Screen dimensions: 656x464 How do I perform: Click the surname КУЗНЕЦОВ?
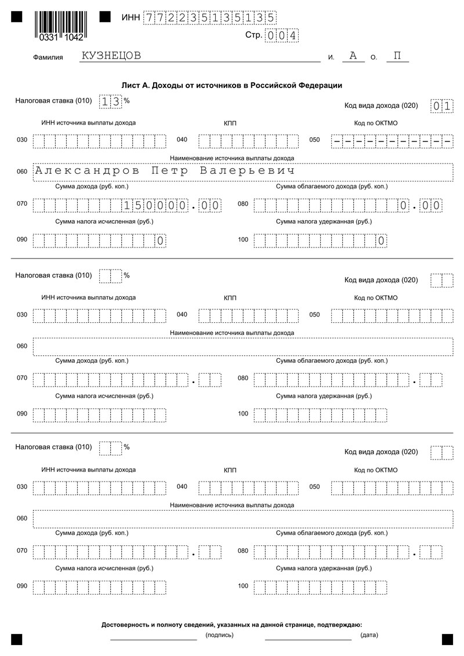[x=111, y=56]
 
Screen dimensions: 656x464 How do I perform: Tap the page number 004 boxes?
[x=281, y=36]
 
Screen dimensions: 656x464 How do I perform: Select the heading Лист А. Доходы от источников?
[x=231, y=85]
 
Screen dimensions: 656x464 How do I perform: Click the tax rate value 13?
[x=111, y=101]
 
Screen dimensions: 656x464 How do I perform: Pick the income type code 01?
[x=441, y=106]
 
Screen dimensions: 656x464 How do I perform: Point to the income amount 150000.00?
[x=172, y=205]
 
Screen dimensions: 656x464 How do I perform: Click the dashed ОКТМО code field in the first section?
[x=392, y=140]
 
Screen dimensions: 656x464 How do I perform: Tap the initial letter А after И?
[x=353, y=56]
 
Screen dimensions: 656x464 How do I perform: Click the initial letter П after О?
[x=397, y=56]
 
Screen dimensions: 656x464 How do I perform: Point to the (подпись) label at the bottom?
[x=219, y=635]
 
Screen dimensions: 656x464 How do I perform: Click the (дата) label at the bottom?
[x=369, y=635]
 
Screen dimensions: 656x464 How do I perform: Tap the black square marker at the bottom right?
[x=447, y=639]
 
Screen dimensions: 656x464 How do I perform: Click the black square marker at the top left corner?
[x=16, y=17]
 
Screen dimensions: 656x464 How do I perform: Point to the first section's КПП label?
[x=230, y=123]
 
